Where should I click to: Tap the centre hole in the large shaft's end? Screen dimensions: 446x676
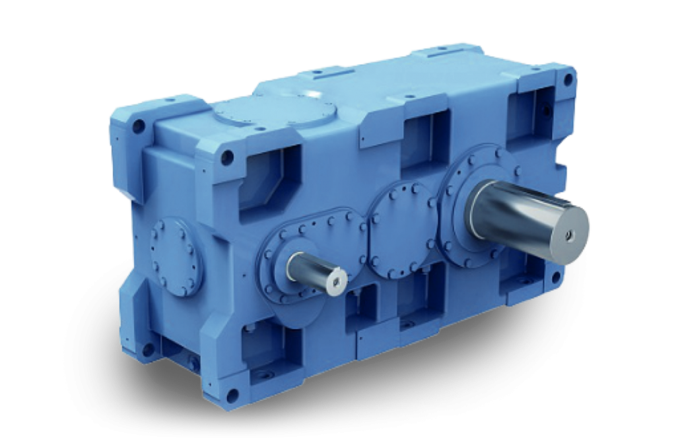pyautogui.click(x=570, y=234)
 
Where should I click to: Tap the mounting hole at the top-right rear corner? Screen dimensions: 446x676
pyautogui.click(x=568, y=79)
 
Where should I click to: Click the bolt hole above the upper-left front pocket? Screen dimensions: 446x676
pyautogui.click(x=227, y=157)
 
